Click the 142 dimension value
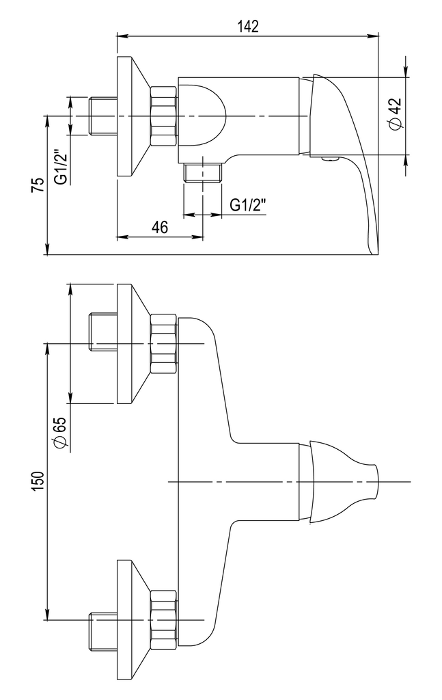249,26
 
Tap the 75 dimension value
39,185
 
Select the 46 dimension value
160,228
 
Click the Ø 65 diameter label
59,433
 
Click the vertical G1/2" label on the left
61,167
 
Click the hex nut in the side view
163,116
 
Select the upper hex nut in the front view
163,343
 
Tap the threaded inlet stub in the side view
102,116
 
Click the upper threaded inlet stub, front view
102,331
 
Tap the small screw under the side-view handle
330,161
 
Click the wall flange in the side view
130,116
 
